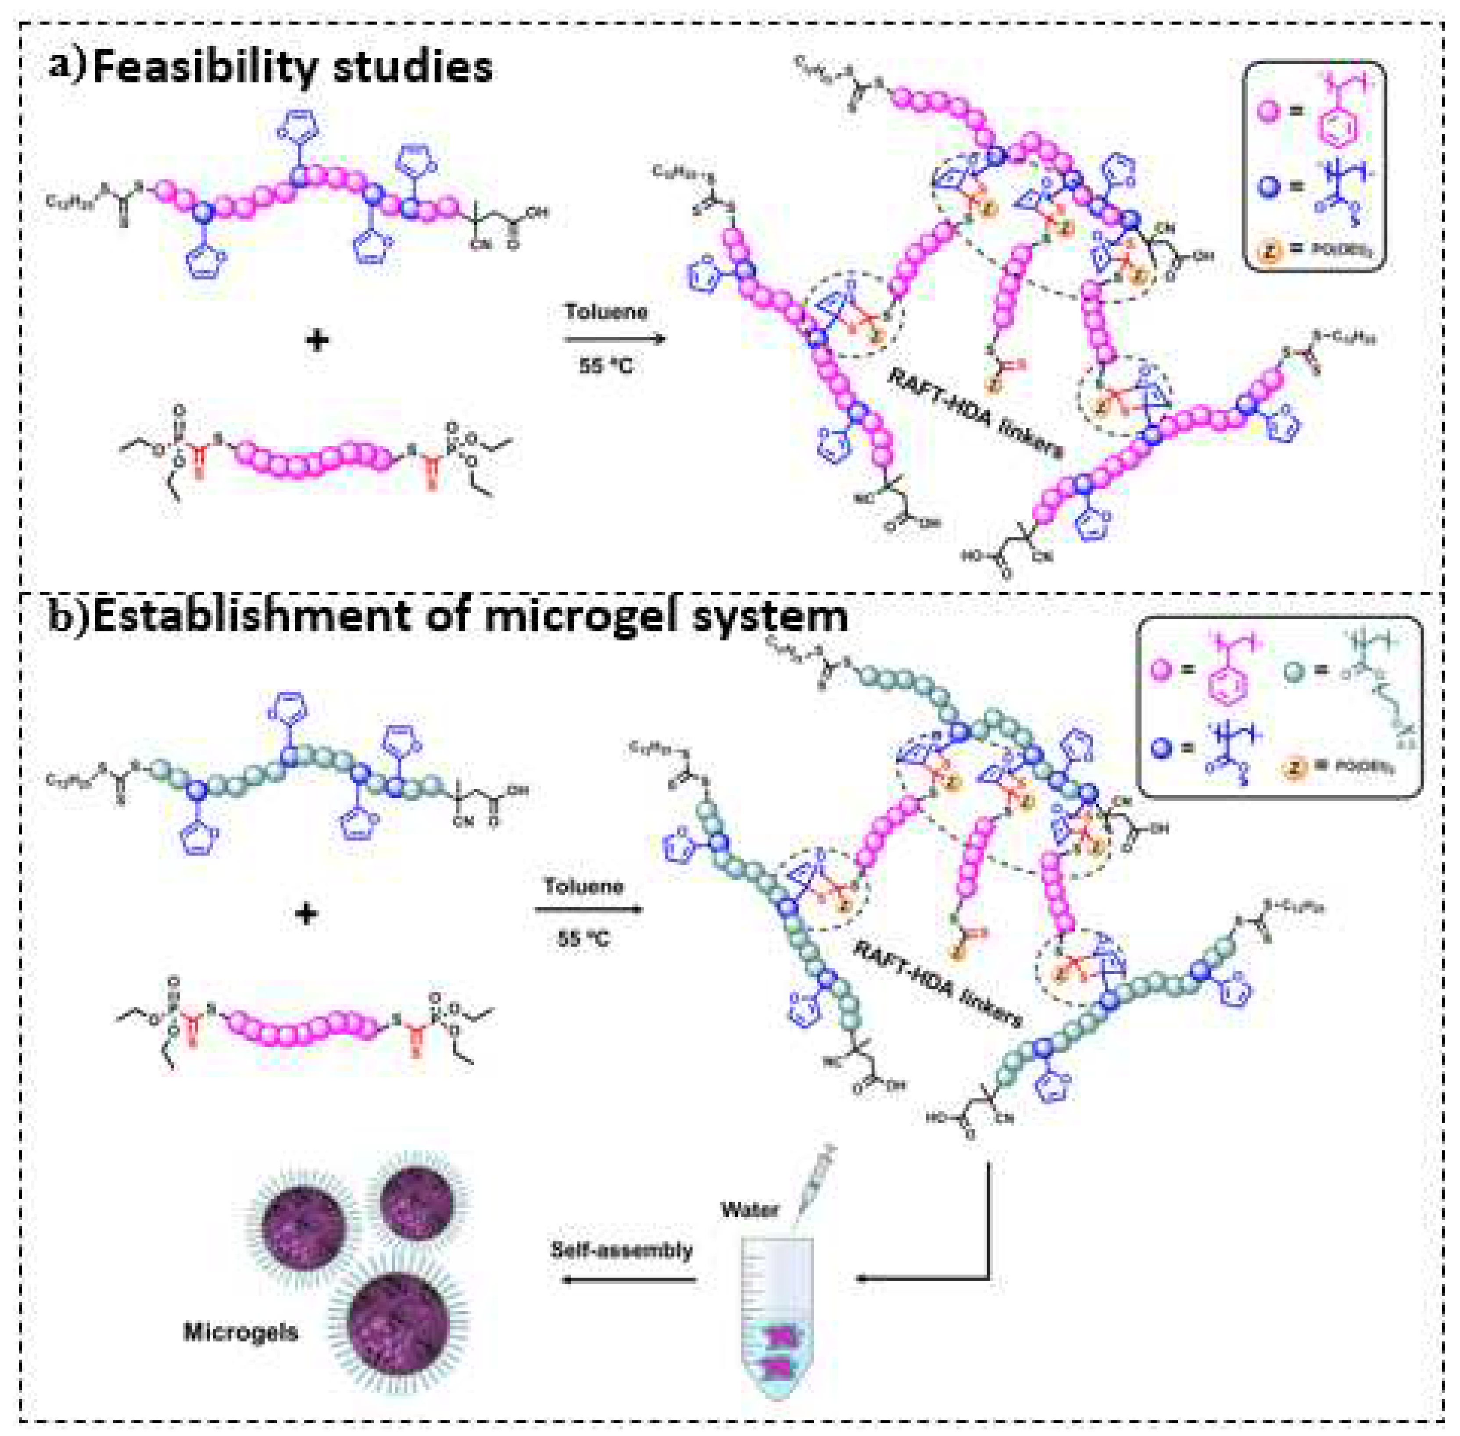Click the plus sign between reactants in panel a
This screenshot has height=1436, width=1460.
coord(318,341)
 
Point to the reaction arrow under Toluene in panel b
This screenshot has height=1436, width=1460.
coord(588,910)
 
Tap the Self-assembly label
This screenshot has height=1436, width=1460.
coord(621,1250)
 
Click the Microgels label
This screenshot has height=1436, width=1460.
coord(240,1332)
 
